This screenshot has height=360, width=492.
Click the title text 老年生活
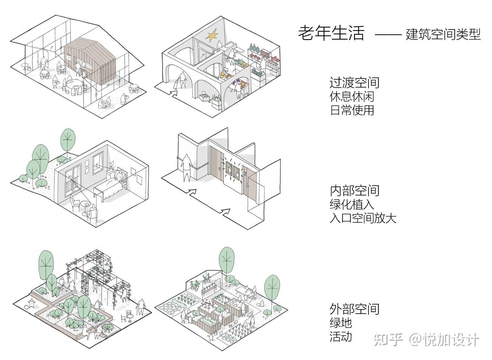click(x=331, y=33)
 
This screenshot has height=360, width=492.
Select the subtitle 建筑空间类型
click(x=443, y=34)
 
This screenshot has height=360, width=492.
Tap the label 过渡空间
click(x=354, y=83)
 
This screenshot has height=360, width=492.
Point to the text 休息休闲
click(x=352, y=96)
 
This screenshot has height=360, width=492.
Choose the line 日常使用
click(x=352, y=110)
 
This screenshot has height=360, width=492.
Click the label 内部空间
click(x=355, y=191)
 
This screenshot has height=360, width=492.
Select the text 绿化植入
click(x=352, y=204)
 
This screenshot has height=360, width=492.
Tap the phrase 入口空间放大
click(x=363, y=218)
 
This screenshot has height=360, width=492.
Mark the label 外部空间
click(x=354, y=309)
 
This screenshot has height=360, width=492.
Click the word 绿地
click(x=341, y=323)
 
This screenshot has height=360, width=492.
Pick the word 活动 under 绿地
click(x=341, y=337)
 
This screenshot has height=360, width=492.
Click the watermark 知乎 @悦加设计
click(x=426, y=340)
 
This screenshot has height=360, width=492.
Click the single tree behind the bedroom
click(x=68, y=140)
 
